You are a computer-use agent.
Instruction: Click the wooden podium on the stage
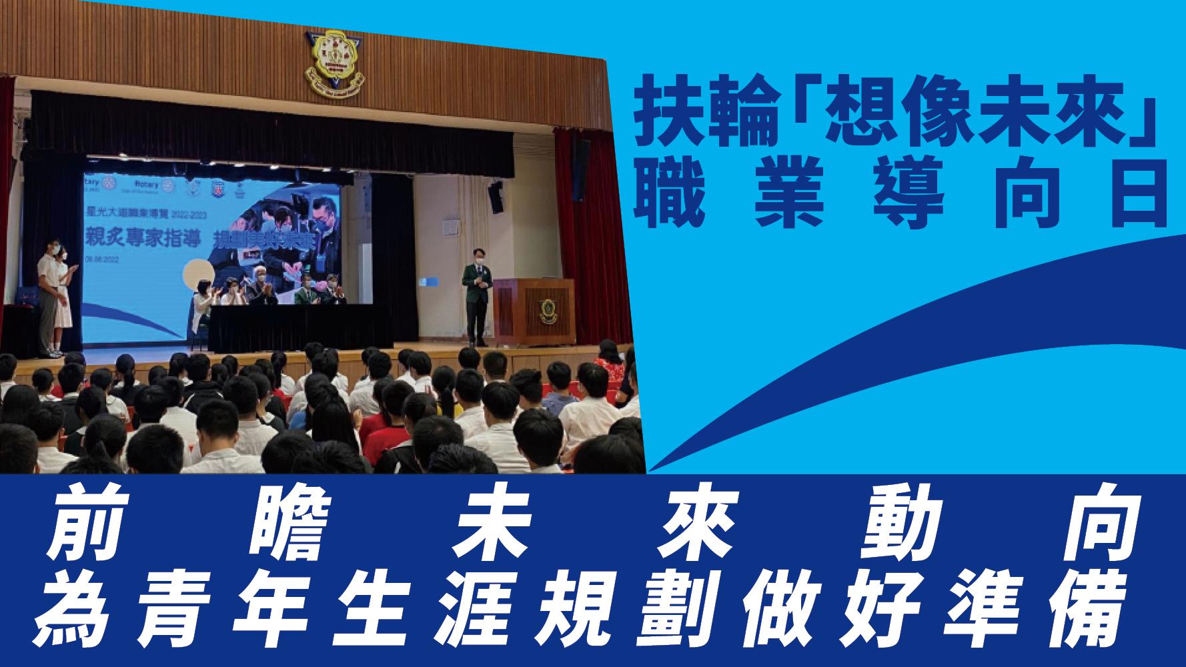(x=533, y=311)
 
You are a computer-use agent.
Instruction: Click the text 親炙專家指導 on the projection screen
(x=143, y=243)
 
